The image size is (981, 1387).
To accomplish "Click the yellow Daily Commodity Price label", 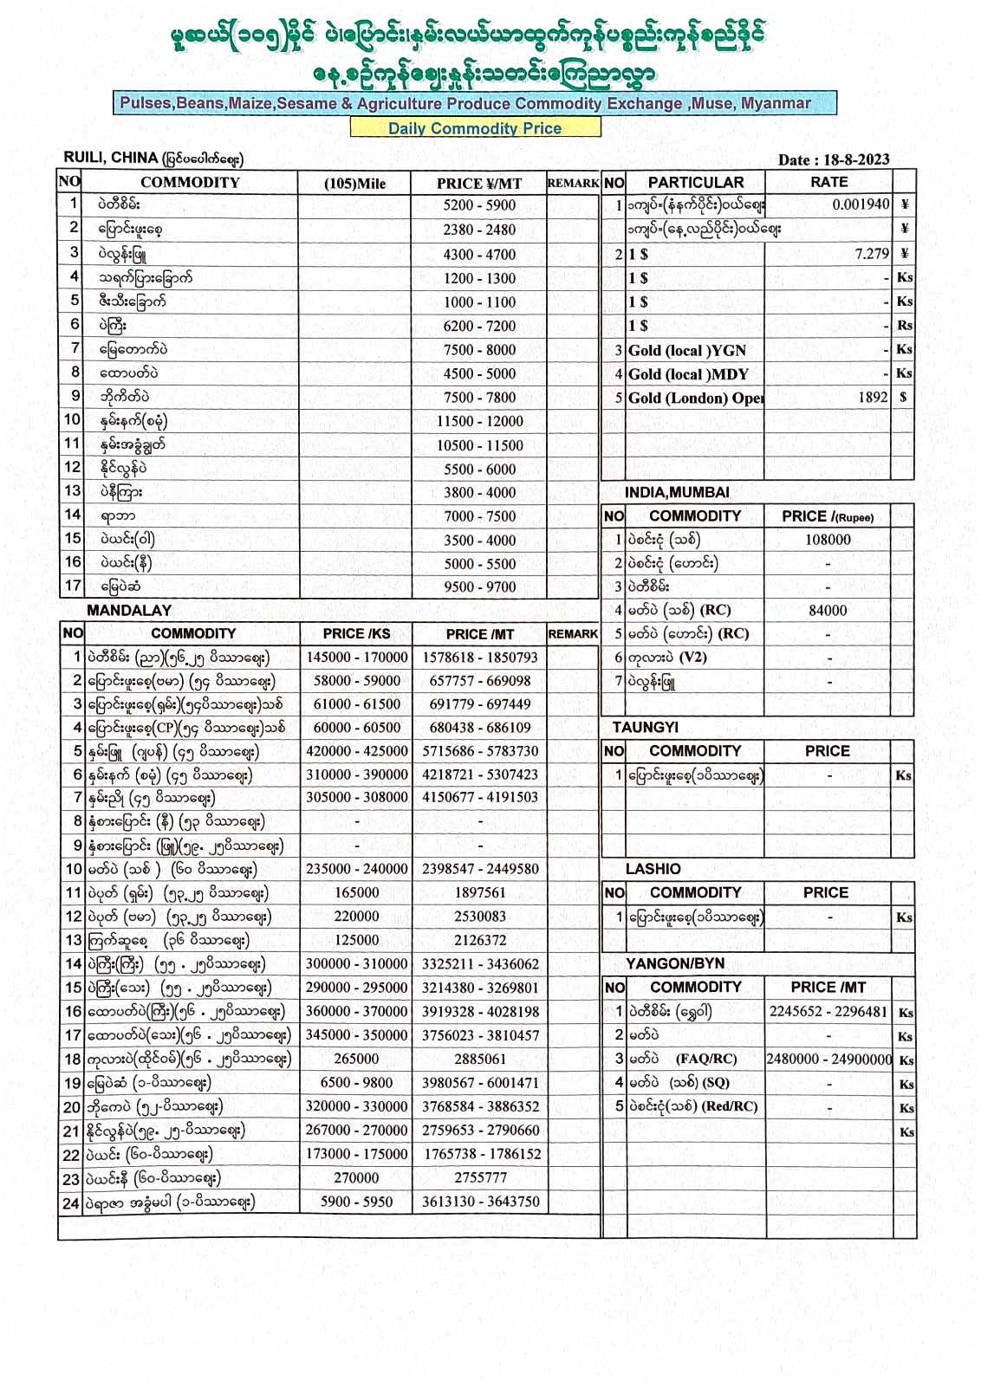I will coord(475,128).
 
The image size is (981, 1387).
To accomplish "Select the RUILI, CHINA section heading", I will coord(111,158).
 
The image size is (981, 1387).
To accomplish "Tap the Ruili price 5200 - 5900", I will coord(479,205).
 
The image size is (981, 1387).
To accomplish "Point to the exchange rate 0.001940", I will coord(861,205).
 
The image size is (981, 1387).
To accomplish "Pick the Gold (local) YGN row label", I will coord(686,350).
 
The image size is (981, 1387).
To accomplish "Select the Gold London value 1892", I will coord(873,398).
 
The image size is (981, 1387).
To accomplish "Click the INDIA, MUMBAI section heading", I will coord(677,492).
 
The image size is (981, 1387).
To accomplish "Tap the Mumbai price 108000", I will coord(828,540).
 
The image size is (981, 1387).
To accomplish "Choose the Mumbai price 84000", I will coord(828,610).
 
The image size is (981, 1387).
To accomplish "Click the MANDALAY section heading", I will coord(129,610).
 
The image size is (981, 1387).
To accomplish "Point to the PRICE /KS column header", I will coord(356,633).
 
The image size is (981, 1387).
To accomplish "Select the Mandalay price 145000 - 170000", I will coord(356,658).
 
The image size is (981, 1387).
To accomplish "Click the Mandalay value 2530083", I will coord(480,917).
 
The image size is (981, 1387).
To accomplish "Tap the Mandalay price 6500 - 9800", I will coord(356,1082).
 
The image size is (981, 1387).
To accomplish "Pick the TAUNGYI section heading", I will coord(645,728).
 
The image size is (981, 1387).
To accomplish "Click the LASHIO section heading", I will coord(653,869).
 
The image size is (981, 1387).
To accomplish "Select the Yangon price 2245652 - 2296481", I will coord(828,1011).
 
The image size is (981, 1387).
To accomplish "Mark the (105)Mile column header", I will coord(355,183).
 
